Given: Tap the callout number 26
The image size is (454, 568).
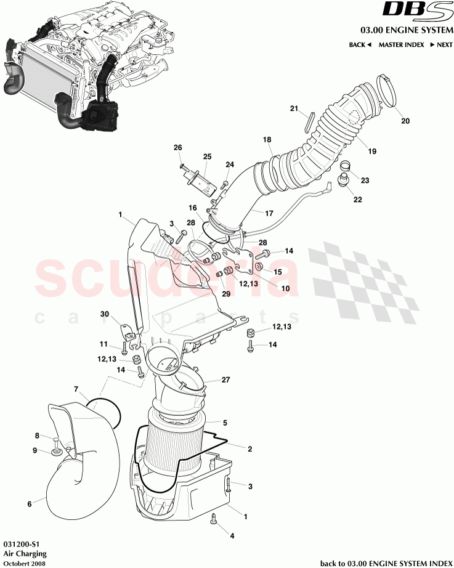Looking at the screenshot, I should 178,147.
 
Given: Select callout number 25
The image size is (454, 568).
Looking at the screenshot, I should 207,156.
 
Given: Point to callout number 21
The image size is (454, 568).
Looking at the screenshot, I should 294,108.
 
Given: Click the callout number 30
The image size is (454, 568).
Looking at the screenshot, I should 105,314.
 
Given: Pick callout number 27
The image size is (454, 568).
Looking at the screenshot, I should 225,380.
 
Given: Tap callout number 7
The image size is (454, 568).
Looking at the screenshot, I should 76,389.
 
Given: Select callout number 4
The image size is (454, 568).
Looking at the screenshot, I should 232,535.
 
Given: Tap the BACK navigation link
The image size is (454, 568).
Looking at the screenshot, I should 360,45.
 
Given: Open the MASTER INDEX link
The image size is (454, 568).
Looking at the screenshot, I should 401,45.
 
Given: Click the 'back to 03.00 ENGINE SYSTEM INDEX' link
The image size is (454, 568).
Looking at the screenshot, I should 385,562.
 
